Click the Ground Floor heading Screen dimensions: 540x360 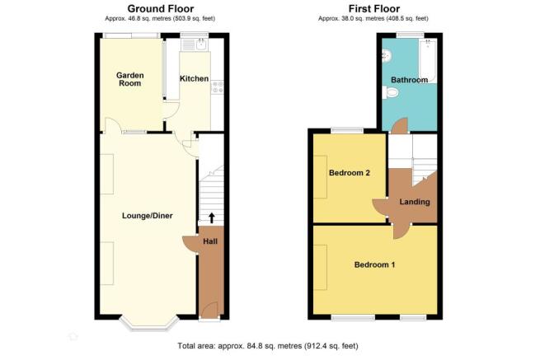pyautogui.click(x=161, y=8)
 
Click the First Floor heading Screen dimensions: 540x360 pyautogui.click(x=374, y=8)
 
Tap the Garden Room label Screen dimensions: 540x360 pyautogui.click(x=129, y=79)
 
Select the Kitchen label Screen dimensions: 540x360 pyautogui.click(x=195, y=79)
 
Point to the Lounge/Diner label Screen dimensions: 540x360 pyautogui.click(x=148, y=216)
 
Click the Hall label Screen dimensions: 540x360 pyautogui.click(x=210, y=241)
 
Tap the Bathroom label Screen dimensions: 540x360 pyautogui.click(x=409, y=80)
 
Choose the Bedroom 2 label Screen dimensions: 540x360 pyautogui.click(x=350, y=173)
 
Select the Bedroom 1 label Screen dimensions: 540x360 pyautogui.click(x=374, y=264)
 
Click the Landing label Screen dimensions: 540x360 pyautogui.click(x=415, y=202)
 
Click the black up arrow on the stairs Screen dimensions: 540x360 pyautogui.click(x=212, y=217)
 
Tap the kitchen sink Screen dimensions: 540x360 pyautogui.click(x=201, y=44)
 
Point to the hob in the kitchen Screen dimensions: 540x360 pyautogui.click(x=218, y=86)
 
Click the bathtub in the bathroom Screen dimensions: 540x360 pyautogui.click(x=428, y=61)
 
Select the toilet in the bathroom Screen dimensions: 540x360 pyautogui.click(x=390, y=92)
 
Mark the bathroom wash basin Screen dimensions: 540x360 pyautogui.click(x=387, y=55)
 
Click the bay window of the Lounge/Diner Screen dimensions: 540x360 pyautogui.click(x=149, y=325)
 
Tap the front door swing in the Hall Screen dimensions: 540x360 pyautogui.click(x=209, y=310)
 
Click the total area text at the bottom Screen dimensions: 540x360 pyautogui.click(x=268, y=345)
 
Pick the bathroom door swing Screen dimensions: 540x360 pyautogui.click(x=400, y=125)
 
